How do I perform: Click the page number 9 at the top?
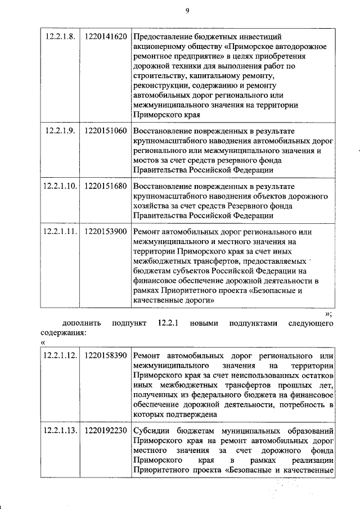pyautogui.click(x=188, y=10)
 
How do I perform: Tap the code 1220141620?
pyautogui.click(x=105, y=38)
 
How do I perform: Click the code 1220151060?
pyautogui.click(x=105, y=131)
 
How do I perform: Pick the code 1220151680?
pyautogui.click(x=105, y=185)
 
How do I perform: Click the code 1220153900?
pyautogui.click(x=105, y=231)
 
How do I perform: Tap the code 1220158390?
pyautogui.click(x=105, y=356)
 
